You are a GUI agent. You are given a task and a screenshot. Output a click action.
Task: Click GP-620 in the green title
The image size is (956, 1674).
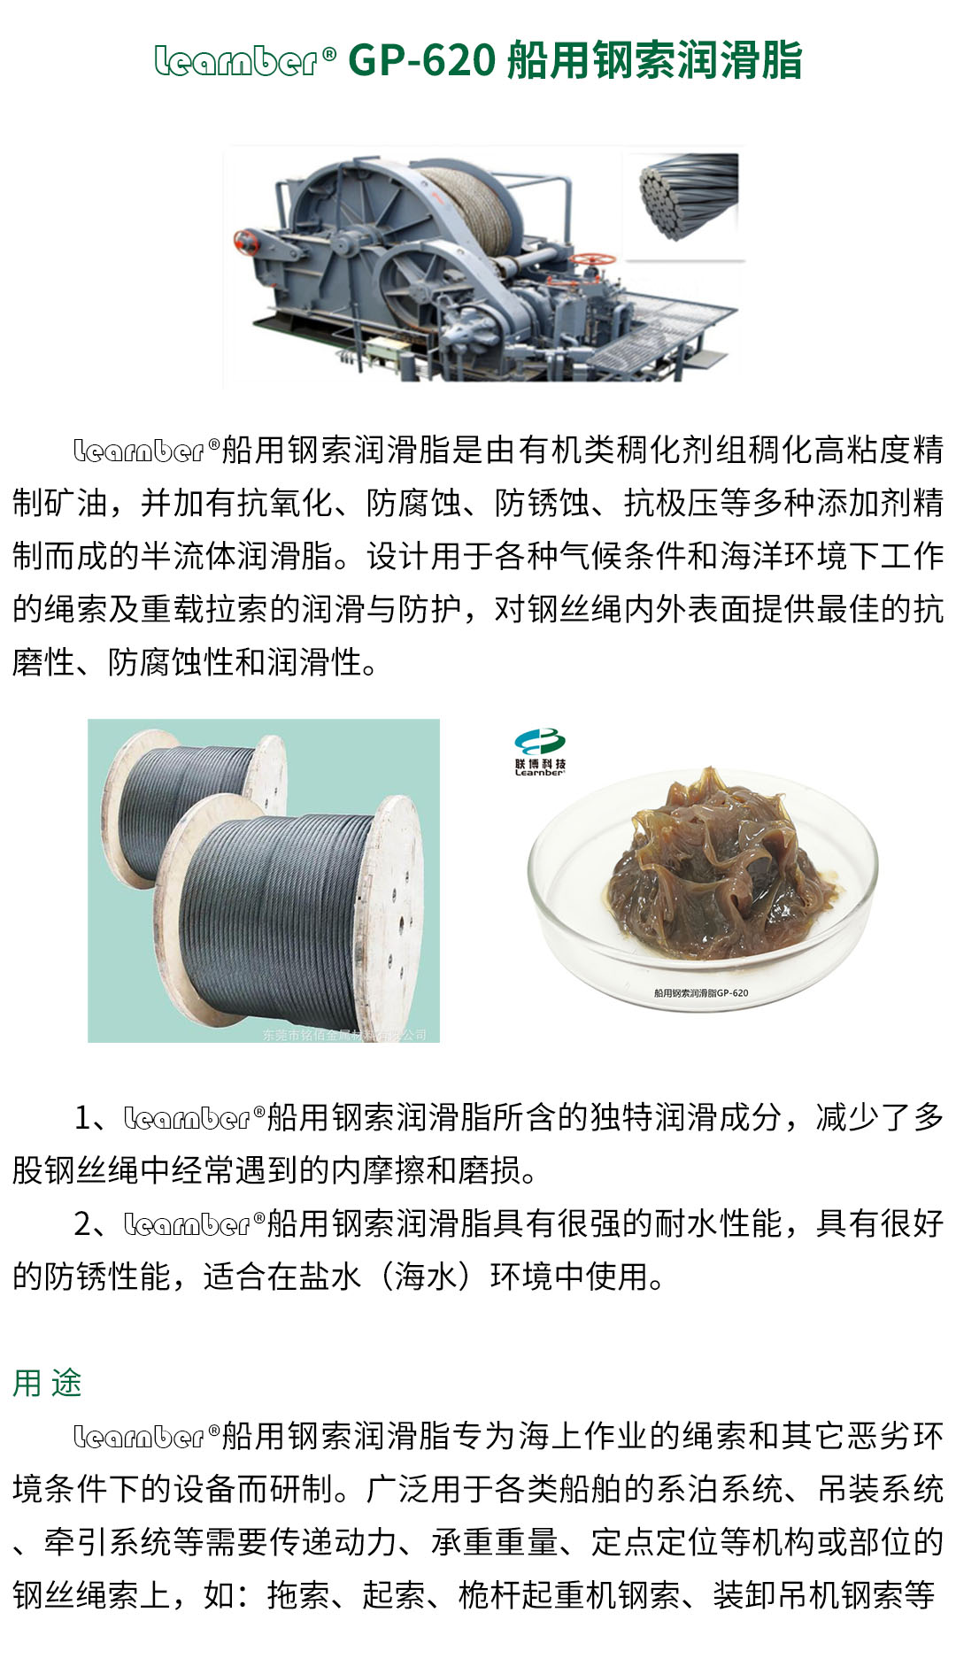click(421, 61)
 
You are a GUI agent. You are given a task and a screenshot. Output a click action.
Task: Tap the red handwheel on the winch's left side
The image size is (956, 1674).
click(245, 240)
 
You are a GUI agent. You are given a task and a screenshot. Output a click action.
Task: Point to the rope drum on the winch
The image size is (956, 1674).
click(469, 208)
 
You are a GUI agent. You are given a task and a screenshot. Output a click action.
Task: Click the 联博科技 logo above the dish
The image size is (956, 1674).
click(540, 752)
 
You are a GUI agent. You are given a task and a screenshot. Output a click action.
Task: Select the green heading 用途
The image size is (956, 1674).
click(47, 1383)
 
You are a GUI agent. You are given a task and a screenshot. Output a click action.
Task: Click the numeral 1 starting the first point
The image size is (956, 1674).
click(83, 1118)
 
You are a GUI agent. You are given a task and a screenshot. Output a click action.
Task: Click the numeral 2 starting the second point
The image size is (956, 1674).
click(83, 1224)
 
